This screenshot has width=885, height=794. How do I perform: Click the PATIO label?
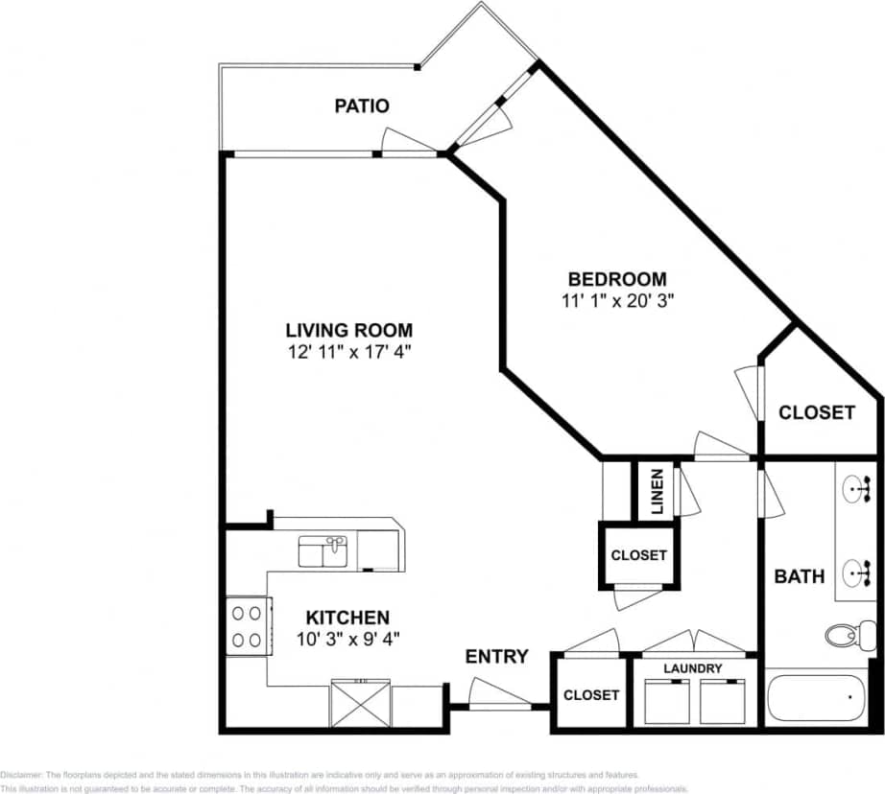click(362, 105)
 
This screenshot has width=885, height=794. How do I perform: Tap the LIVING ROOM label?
click(335, 331)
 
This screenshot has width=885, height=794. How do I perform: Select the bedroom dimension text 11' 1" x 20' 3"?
click(616, 300)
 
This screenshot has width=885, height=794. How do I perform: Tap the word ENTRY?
click(496, 657)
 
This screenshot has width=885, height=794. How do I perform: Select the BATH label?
click(800, 576)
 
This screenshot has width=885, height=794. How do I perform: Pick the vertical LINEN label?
click(657, 491)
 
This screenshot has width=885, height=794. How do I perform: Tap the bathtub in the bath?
click(816, 699)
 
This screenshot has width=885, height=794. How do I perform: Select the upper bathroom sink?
click(857, 491)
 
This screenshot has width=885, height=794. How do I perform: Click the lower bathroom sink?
click(857, 574)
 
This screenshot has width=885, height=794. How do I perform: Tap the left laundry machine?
click(666, 701)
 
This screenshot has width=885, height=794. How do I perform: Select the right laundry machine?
click(723, 701)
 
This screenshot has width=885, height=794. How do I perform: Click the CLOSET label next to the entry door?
click(591, 694)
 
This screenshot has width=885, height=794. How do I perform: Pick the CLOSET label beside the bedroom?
click(816, 412)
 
